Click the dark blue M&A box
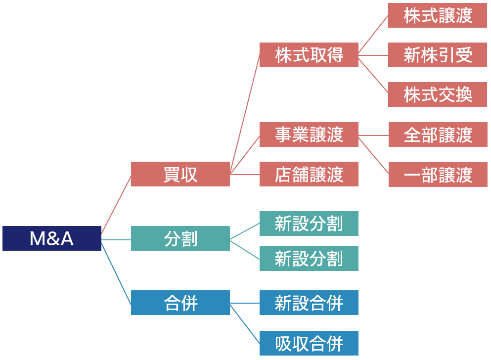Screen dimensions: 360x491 coord(52,238)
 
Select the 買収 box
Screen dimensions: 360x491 coord(180,174)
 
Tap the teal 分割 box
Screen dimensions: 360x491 coord(180,238)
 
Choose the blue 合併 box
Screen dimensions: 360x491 coord(180,303)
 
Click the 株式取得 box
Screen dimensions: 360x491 coord(309,54)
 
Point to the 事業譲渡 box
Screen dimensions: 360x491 coord(309,135)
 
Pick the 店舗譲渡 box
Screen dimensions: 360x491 coord(309,174)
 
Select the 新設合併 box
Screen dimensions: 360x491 coord(309,303)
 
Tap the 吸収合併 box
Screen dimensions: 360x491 coord(309,343)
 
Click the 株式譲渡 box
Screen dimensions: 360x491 coord(438,15)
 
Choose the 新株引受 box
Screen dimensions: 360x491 coord(438,55)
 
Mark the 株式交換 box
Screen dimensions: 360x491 coord(438,94)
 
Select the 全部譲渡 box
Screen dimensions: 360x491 coord(438,135)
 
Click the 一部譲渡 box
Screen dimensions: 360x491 coord(438,175)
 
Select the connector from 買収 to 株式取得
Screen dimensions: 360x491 coord(245,114)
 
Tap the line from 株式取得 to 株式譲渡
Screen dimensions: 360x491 coord(373,34)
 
